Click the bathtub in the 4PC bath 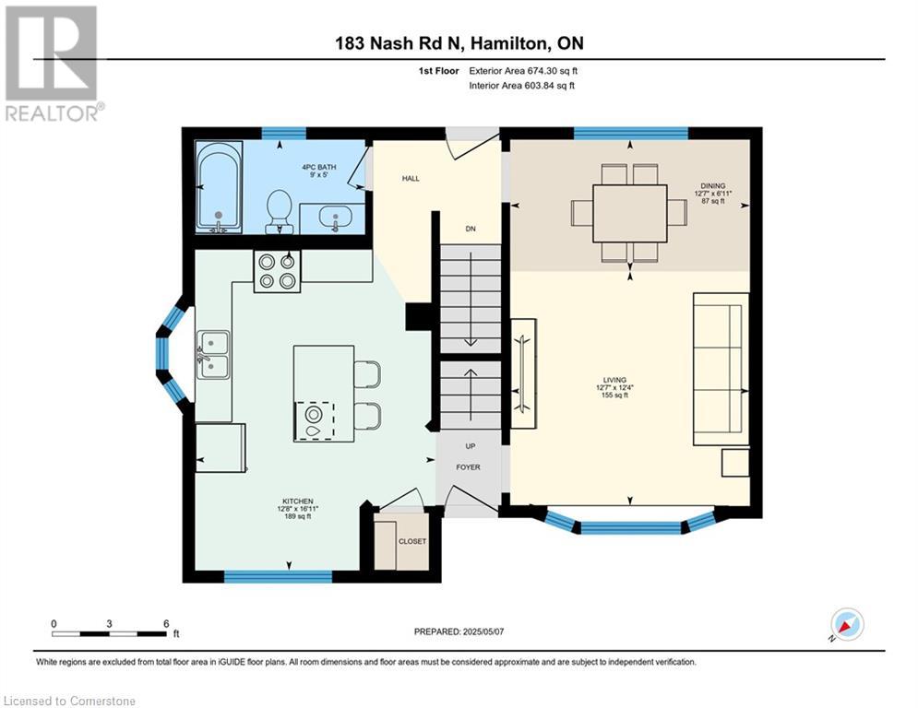(218, 186)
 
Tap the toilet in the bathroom (280, 211)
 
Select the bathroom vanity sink (336, 218)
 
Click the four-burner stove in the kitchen (277, 272)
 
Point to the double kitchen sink (212, 355)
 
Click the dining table (629, 214)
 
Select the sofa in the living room (721, 370)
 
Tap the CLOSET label (412, 541)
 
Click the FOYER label (468, 466)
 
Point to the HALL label (411, 179)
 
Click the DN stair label (471, 229)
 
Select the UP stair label (471, 446)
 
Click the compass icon (847, 624)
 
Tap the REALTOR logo (53, 64)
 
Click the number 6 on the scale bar (166, 624)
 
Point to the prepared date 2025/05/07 (483, 631)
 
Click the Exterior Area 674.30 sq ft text (523, 71)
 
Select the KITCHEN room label (297, 501)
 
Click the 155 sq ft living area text (614, 395)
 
